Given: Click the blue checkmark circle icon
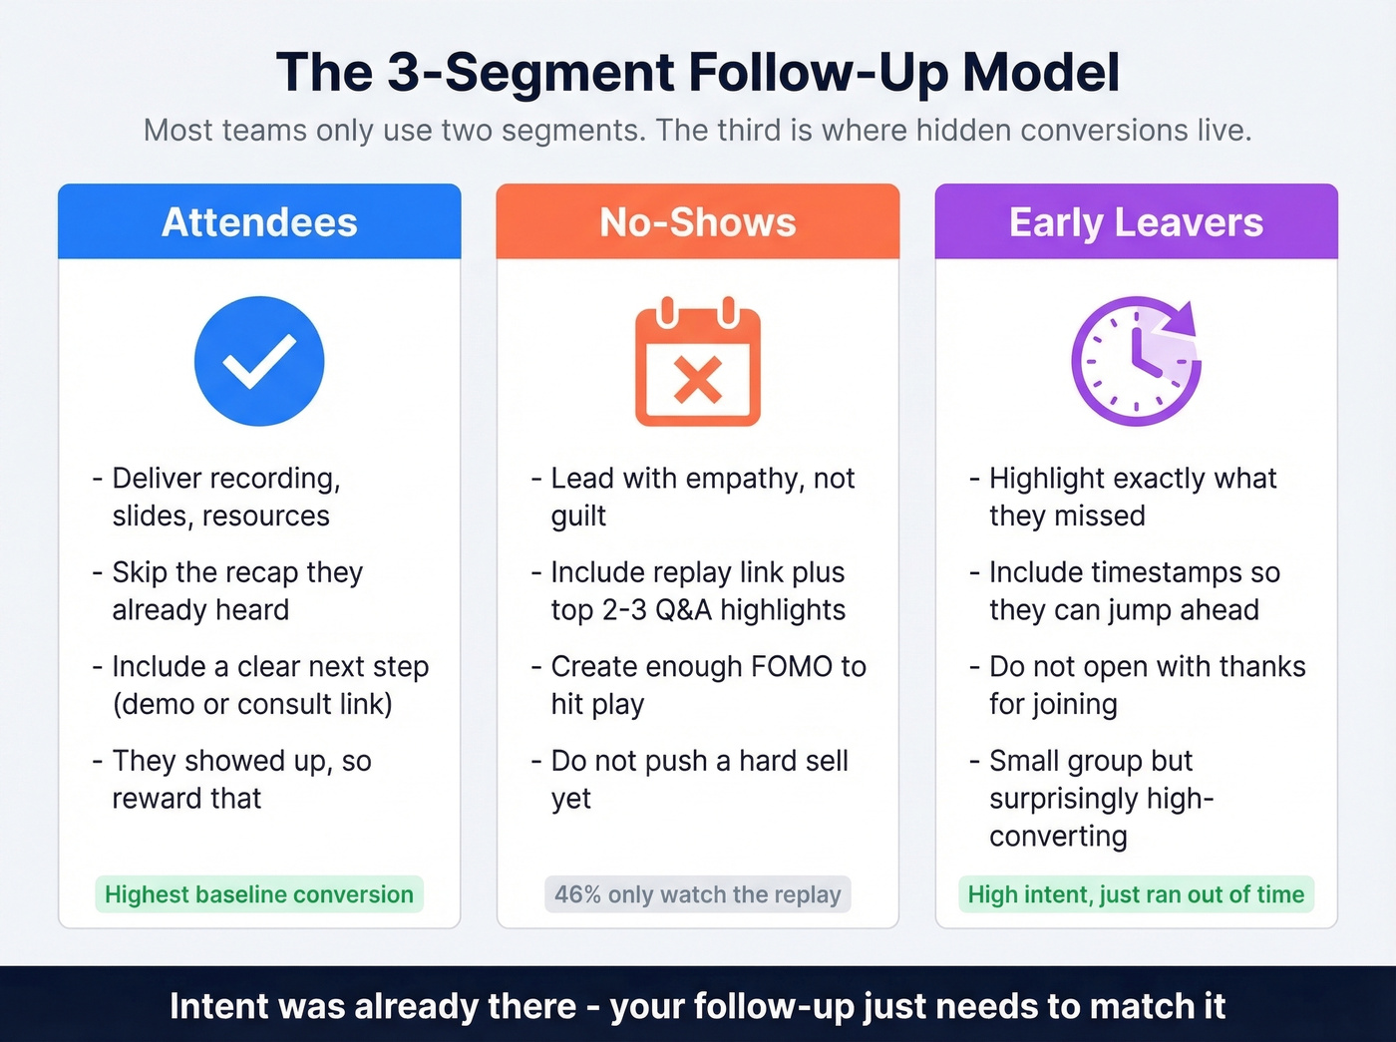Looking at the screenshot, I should pos(259,361).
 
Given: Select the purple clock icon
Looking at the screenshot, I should pos(1136,361).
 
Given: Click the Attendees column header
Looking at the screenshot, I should pos(259,222).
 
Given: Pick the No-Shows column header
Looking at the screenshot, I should pos(698,222).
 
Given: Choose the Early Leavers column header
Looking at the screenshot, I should pos(1136,222).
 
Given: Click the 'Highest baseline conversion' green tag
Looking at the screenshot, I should pos(259,894).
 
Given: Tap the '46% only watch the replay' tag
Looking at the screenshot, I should pos(698,894).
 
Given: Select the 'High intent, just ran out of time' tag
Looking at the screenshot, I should pos(1136,894).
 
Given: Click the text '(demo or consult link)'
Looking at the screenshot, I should pos(252,704).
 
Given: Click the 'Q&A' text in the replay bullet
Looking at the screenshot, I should pos(683,610).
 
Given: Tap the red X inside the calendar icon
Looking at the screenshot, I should pos(698,380).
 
